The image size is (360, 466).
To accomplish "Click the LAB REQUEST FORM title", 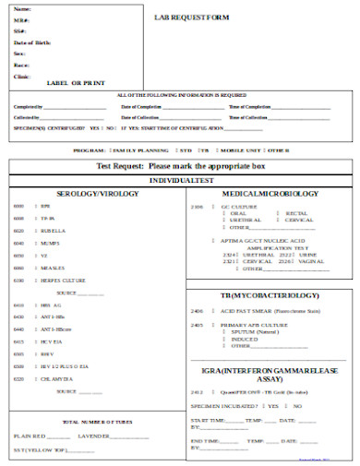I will (191, 17).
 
